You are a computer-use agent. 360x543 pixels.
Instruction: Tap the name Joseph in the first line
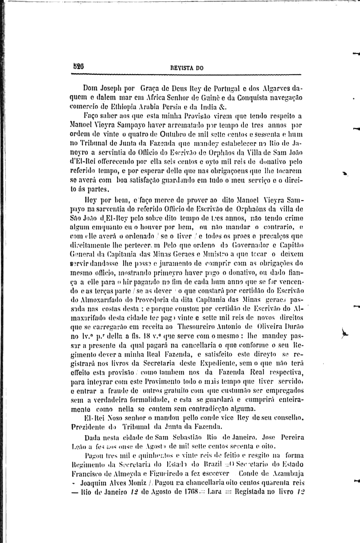coord(113,88)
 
